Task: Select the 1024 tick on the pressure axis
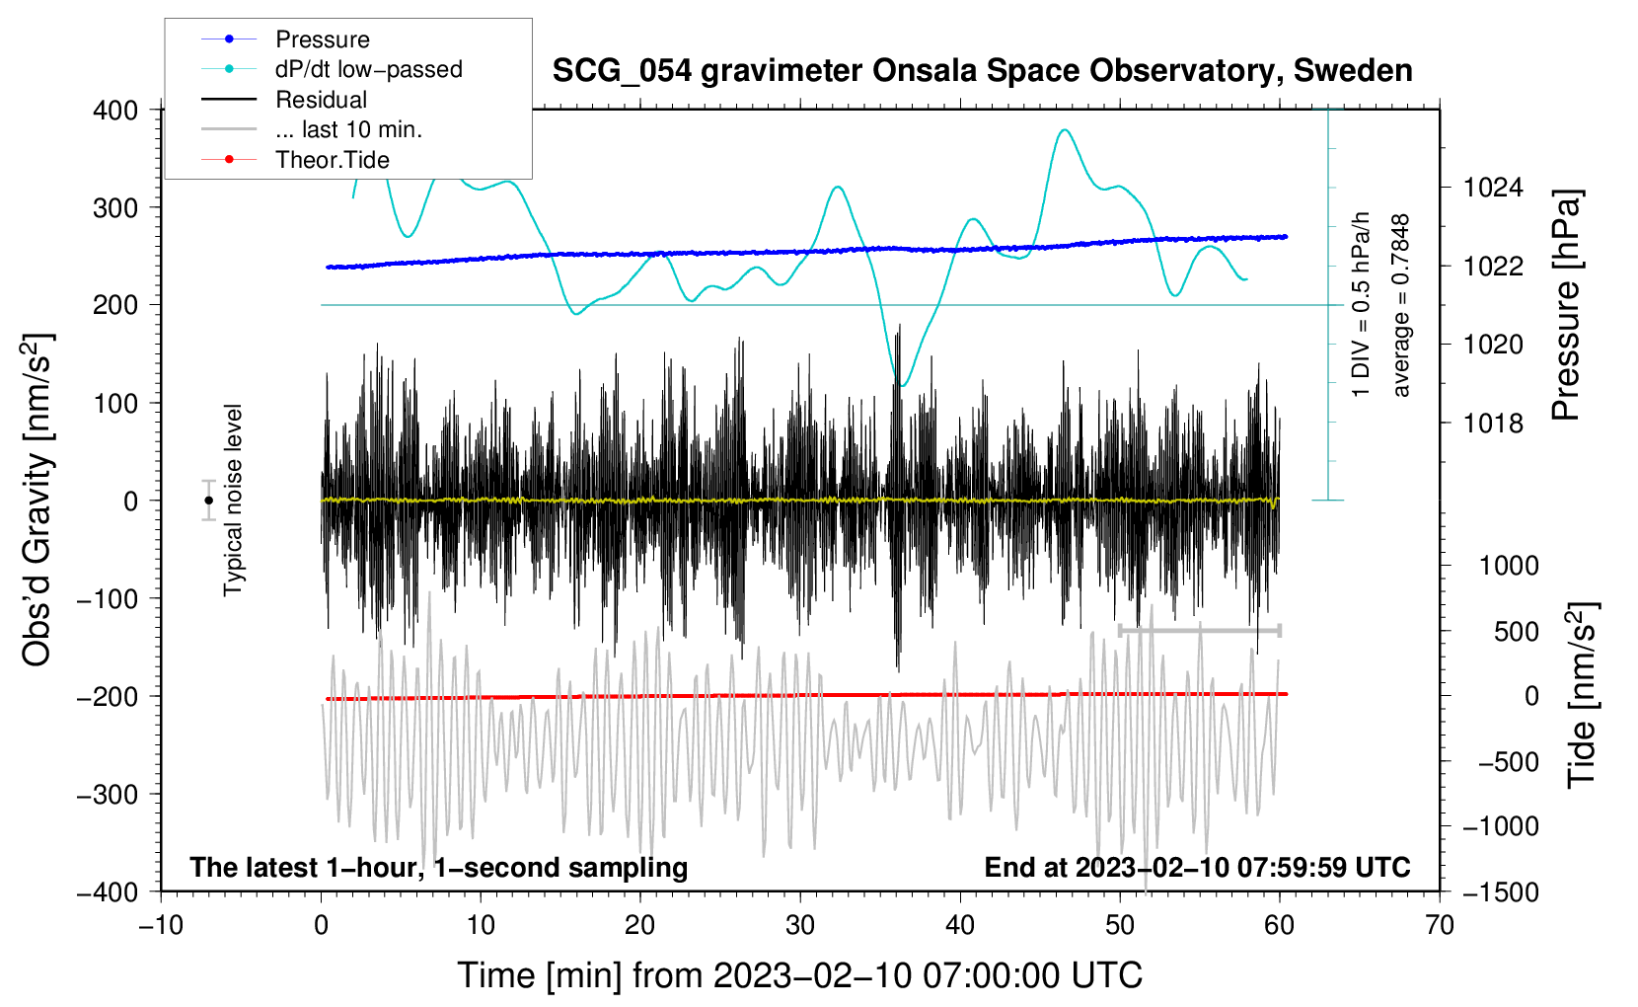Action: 1493,189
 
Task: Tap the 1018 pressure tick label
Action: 1493,424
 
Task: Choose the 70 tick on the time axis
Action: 1439,926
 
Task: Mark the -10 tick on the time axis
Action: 161,926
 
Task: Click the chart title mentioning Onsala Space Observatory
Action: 982,71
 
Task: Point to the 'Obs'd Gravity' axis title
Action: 37,500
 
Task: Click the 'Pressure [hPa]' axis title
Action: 1566,305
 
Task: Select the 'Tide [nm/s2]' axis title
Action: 1583,695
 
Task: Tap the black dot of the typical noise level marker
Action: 208,501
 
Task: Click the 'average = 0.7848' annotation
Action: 1400,306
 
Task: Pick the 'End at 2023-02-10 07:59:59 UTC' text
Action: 1197,867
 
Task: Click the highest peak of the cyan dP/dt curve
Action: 1066,129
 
